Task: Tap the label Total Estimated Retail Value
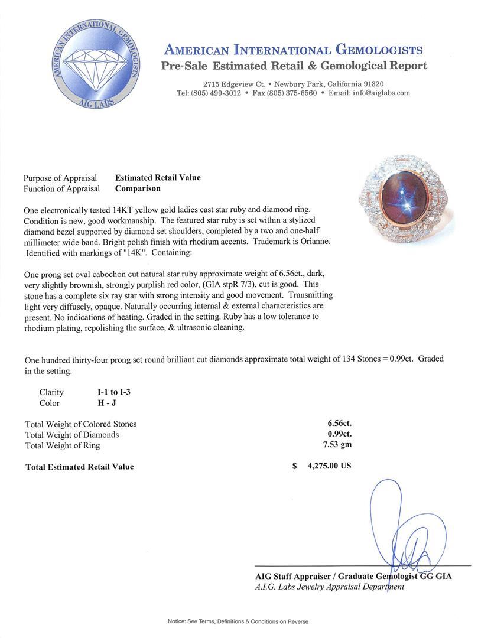pos(80,467)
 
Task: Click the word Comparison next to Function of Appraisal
pos(138,189)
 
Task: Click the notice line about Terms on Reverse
pos(238,621)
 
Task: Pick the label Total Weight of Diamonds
pos(72,435)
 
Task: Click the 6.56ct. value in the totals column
pos(340,424)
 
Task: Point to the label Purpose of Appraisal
pos(60,178)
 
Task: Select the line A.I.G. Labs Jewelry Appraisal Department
pos(330,587)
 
